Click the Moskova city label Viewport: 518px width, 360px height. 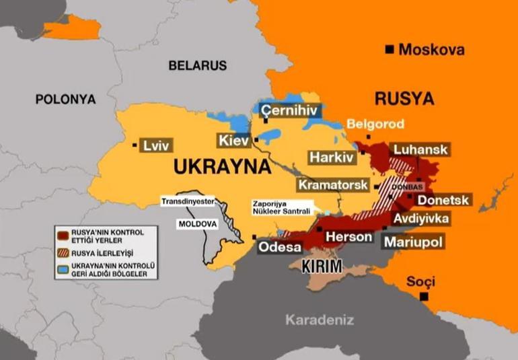tap(431, 49)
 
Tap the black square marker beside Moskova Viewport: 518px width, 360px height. tap(389, 49)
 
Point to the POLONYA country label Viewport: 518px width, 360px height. tap(65, 99)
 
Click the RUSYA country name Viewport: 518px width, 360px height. tap(404, 98)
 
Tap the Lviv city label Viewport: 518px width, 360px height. tap(153, 145)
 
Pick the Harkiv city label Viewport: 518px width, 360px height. tap(331, 157)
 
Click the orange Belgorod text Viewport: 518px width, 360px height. tap(375, 124)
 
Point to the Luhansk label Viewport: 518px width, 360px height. tap(420, 149)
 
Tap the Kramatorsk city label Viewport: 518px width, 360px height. tap(333, 184)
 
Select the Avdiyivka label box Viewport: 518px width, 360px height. tap(421, 219)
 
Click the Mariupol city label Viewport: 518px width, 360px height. tap(413, 241)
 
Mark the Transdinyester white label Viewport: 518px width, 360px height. tap(187, 200)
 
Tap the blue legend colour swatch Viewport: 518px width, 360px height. tap(63, 269)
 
